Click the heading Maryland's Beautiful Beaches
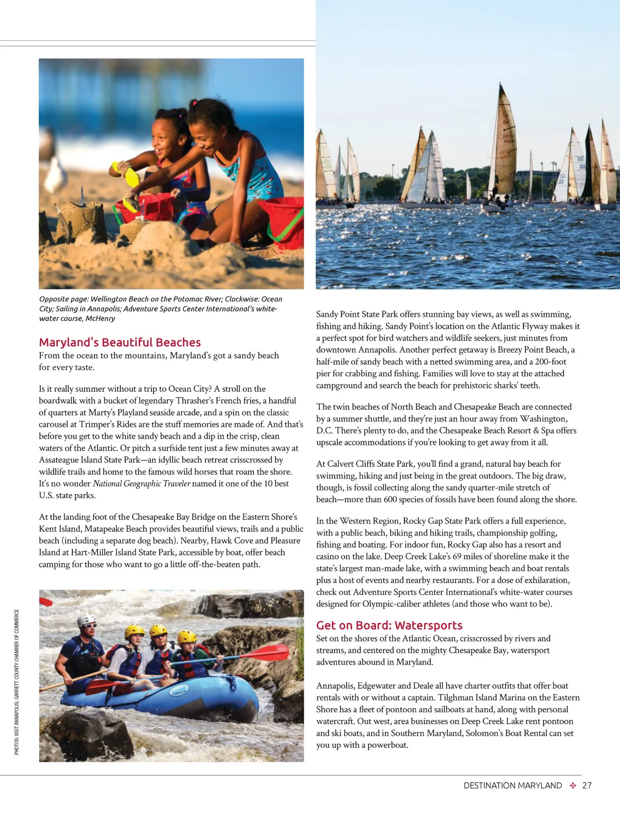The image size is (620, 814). click(x=120, y=342)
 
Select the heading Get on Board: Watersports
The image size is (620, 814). click(x=389, y=625)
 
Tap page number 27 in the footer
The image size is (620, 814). click(x=587, y=786)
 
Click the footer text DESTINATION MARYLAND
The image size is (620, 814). click(x=513, y=786)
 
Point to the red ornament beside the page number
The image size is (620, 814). click(x=572, y=786)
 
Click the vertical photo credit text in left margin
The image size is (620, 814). click(x=17, y=682)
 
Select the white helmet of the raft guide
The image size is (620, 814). click(x=86, y=621)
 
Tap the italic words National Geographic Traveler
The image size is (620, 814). click(x=142, y=484)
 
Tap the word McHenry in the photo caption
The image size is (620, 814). click(x=101, y=318)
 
